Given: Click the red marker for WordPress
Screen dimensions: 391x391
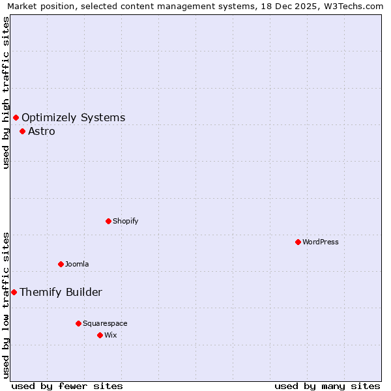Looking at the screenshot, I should [298, 242].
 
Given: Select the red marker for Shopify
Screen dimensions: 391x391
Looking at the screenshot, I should [108, 221].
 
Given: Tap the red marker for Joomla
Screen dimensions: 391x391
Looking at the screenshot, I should [61, 264].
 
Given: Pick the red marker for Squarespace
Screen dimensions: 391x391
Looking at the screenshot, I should [78, 323].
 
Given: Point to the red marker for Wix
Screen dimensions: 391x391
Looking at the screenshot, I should [100, 335].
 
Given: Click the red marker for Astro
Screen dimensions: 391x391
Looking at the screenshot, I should [22, 131].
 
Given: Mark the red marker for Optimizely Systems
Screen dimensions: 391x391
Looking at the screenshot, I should [16, 117].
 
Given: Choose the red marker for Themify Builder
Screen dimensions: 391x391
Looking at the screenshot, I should [14, 292].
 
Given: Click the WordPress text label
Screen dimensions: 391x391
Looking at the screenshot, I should [321, 242].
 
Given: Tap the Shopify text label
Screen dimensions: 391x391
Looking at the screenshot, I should [126, 221].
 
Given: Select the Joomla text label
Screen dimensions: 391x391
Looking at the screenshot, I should [77, 264].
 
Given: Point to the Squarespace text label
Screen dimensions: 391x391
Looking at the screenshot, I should [105, 323].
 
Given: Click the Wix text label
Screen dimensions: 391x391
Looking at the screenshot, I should [110, 335].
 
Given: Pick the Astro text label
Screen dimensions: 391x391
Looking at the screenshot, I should [42, 132].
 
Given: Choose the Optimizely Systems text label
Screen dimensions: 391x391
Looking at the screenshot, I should [74, 118].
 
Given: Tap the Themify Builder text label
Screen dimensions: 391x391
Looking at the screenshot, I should [61, 293].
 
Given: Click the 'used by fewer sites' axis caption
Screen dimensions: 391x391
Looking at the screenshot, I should [67, 386].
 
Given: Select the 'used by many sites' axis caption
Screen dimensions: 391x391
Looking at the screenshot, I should [327, 386].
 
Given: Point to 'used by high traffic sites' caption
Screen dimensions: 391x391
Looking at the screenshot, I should [6, 93].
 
